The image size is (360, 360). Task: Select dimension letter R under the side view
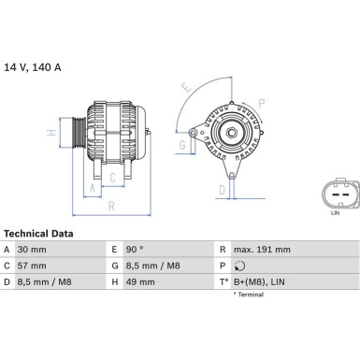pos(110,206)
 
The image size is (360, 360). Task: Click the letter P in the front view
pos(261,102)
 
